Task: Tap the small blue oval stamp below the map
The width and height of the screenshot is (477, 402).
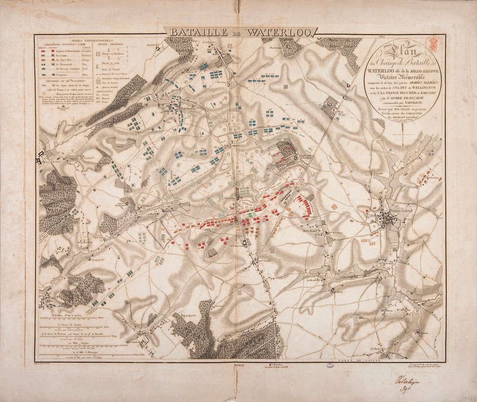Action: (330, 366)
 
